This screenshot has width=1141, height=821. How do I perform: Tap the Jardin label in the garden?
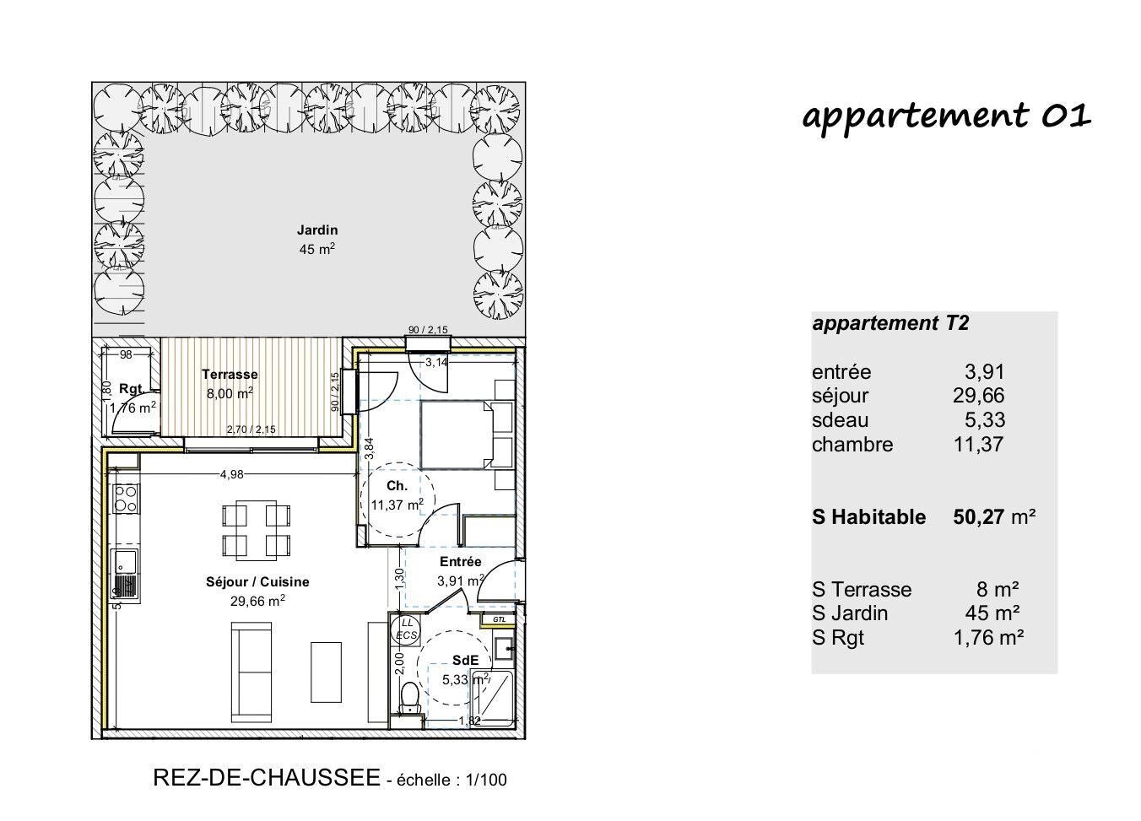317,230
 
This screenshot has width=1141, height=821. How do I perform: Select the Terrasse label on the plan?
230,375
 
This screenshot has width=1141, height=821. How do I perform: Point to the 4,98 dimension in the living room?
232,475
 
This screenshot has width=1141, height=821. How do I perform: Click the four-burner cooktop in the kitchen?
126,498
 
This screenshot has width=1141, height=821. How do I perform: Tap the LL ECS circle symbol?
407,629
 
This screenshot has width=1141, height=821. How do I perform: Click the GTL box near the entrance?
500,619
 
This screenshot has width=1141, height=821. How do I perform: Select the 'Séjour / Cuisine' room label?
257,582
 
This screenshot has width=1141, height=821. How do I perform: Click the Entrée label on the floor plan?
461,562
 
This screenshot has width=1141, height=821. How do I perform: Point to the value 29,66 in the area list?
978,396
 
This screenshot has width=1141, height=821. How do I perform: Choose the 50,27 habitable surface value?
978,517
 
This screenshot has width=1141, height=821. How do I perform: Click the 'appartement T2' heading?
890,323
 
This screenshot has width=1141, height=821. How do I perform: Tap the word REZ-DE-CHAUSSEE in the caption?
267,778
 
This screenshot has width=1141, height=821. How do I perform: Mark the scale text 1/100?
486,780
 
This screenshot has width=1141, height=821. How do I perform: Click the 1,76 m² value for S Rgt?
989,638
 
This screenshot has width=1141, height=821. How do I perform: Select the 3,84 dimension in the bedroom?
370,448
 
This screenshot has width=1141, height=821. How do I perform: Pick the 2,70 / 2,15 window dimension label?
251,429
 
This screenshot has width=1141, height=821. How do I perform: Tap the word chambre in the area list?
852,445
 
